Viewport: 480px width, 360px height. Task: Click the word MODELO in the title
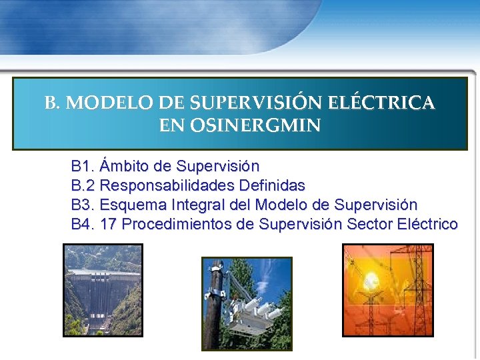tap(110, 103)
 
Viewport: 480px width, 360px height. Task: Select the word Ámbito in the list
tap(127, 165)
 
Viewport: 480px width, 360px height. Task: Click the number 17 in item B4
tap(109, 224)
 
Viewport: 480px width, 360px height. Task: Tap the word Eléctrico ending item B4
tap(427, 224)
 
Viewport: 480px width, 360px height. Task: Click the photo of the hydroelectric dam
tap(103, 289)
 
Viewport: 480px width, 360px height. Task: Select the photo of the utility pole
tap(247, 303)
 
